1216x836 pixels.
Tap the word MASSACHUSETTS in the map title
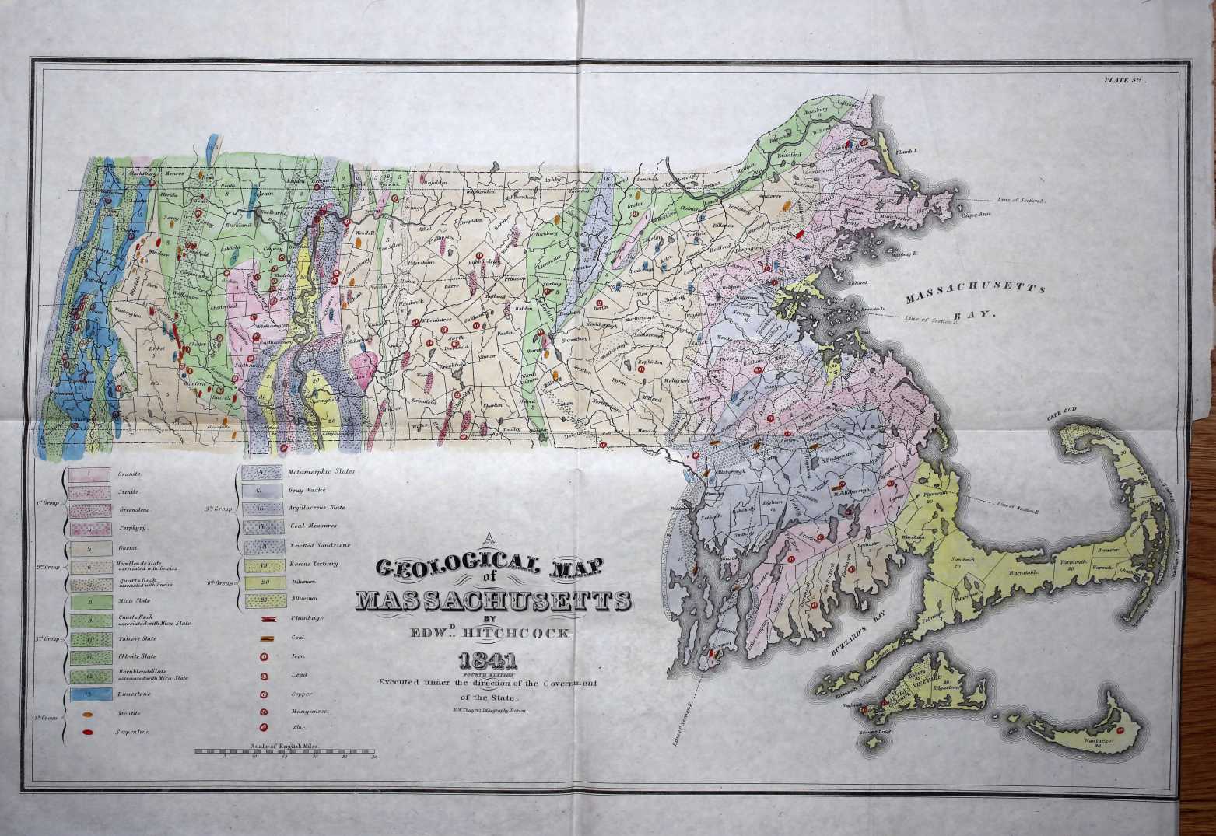(494, 601)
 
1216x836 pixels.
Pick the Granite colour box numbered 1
(88, 473)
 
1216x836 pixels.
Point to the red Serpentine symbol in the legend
(88, 732)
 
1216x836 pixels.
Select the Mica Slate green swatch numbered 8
(88, 601)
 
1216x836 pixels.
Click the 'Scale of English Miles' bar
(285, 752)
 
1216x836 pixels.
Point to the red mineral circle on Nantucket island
(1120, 731)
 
